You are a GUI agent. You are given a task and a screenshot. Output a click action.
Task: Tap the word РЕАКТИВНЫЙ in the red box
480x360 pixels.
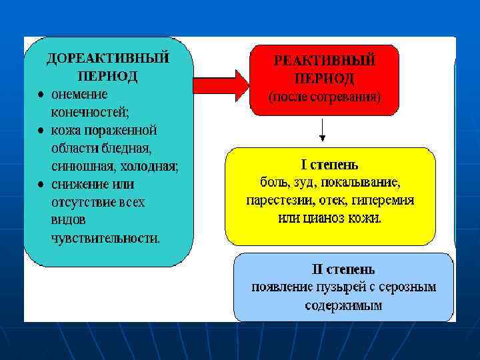[325, 60]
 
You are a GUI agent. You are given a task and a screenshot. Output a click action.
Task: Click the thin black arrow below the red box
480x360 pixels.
[323, 130]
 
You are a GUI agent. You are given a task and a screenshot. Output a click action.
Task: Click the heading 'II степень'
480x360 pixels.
[343, 270]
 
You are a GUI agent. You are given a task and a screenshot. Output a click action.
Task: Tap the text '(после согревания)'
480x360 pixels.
[325, 97]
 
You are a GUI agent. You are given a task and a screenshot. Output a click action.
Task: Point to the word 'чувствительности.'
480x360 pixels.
[105, 237]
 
